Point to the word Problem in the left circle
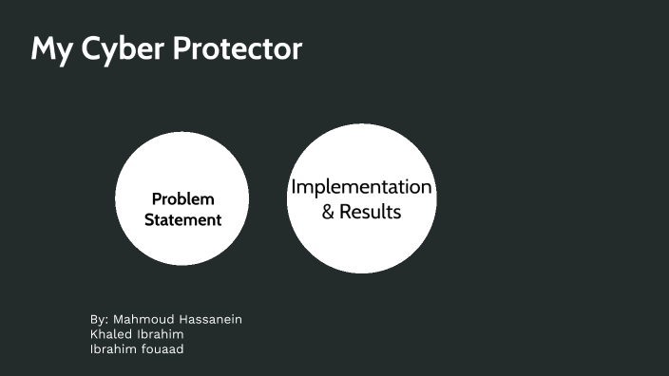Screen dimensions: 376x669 (x=182, y=199)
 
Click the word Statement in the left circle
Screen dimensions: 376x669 (x=182, y=220)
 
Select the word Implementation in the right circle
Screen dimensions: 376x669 (x=361, y=187)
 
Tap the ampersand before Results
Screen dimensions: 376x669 (x=328, y=212)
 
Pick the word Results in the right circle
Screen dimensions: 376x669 (x=371, y=212)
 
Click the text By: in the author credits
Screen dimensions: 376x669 (x=100, y=319)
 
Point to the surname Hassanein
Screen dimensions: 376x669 (x=209, y=319)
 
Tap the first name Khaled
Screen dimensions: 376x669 (x=112, y=334)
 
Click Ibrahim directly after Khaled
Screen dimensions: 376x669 (x=162, y=334)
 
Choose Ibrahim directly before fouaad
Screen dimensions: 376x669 (x=114, y=348)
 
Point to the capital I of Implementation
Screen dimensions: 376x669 (x=293, y=187)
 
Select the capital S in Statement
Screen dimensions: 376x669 (x=149, y=220)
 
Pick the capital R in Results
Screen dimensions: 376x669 (x=345, y=212)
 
